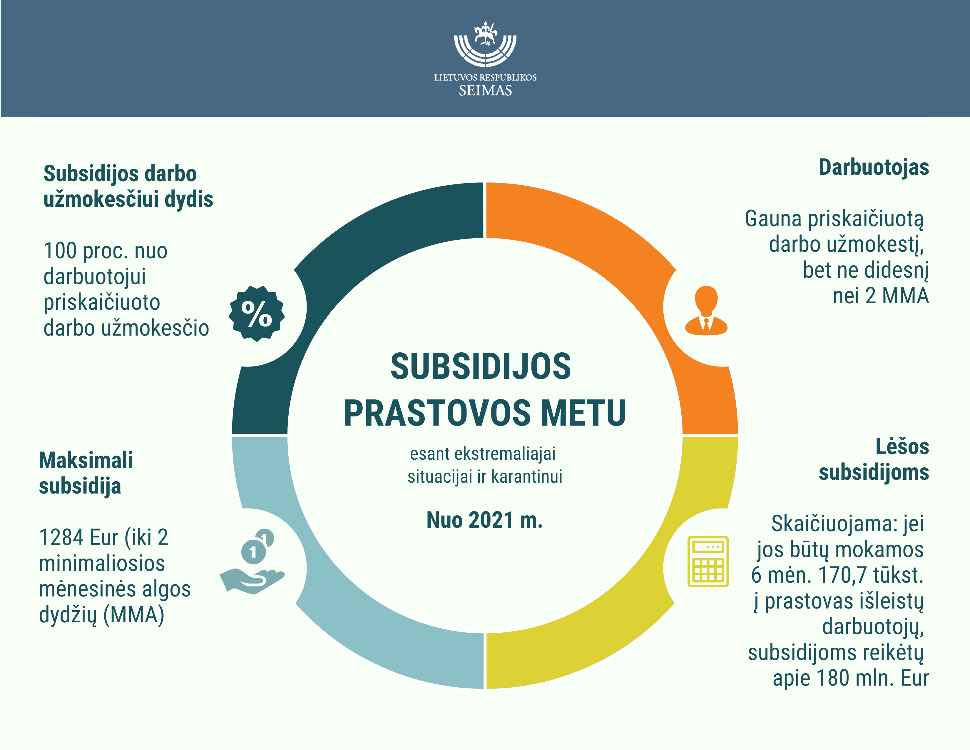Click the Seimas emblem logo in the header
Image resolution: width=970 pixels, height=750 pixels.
tap(485, 44)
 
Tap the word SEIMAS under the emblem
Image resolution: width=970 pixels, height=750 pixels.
tap(485, 91)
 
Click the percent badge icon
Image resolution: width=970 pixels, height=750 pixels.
tap(257, 314)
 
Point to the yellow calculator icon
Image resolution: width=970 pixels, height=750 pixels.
tap(708, 561)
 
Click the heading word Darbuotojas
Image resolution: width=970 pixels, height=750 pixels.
tap(874, 168)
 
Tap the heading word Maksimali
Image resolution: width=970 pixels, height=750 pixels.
tap(86, 460)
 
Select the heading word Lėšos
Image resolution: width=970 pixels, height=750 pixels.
tap(902, 446)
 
